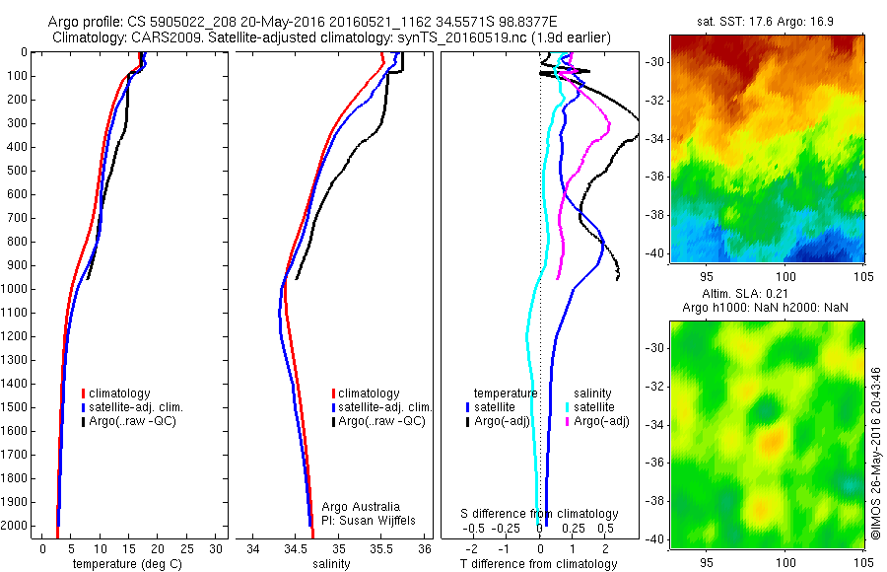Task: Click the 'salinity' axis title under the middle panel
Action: coord(330,564)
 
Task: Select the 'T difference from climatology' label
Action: coord(538,564)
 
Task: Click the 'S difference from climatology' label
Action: coord(540,514)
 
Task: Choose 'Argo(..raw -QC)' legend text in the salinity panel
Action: coord(381,421)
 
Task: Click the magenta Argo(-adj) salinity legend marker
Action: coord(565,421)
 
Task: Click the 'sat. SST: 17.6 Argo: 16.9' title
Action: coord(767,20)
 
